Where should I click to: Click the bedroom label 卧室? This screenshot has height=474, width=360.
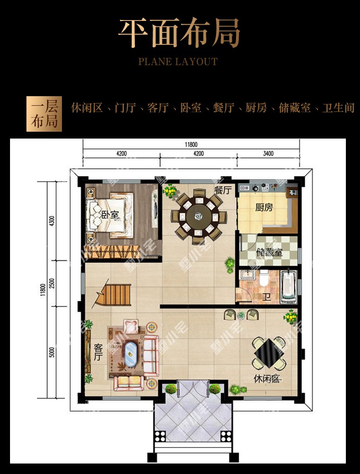(x=110, y=215)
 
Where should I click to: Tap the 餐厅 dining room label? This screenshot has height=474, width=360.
(x=223, y=191)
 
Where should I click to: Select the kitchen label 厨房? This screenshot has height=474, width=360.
(x=264, y=207)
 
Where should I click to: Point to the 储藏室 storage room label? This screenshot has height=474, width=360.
(x=269, y=252)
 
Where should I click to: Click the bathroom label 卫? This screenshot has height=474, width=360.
(x=266, y=298)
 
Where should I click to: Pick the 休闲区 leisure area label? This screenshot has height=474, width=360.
(x=267, y=378)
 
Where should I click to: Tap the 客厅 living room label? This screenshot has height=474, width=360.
(x=98, y=351)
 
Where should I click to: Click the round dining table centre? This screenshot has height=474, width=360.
(x=199, y=216)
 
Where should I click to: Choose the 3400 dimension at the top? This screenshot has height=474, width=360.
(x=268, y=154)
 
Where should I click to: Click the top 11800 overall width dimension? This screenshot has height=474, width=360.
(x=191, y=144)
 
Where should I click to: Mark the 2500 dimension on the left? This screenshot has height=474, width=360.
(x=52, y=283)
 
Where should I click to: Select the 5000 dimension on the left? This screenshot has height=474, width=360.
(x=52, y=352)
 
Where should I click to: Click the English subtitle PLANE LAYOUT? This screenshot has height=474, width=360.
(x=178, y=62)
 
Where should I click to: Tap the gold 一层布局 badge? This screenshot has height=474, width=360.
(x=44, y=114)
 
